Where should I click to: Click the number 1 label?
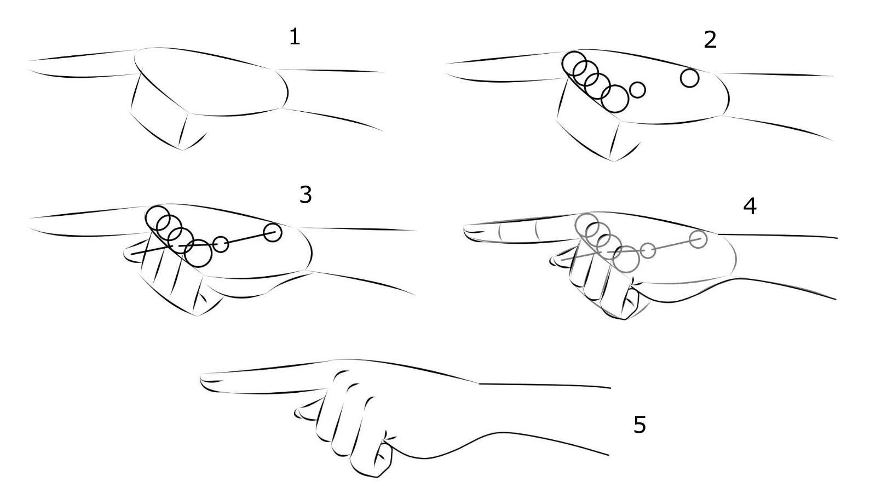point(295,38)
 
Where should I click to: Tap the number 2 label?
point(710,41)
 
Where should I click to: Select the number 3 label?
point(306,195)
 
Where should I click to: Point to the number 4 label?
point(750,206)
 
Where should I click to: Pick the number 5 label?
point(640,425)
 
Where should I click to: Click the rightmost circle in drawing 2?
point(689,78)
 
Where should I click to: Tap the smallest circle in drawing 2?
point(637,90)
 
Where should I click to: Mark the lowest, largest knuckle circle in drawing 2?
point(615,99)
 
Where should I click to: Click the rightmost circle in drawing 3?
point(272,233)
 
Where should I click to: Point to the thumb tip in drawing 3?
point(125,254)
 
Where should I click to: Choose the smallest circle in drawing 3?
point(221,244)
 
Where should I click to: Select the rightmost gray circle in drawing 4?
point(698,239)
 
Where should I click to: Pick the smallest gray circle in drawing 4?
point(648,250)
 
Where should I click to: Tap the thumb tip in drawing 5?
point(296,412)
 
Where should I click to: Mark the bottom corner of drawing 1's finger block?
point(182,150)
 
